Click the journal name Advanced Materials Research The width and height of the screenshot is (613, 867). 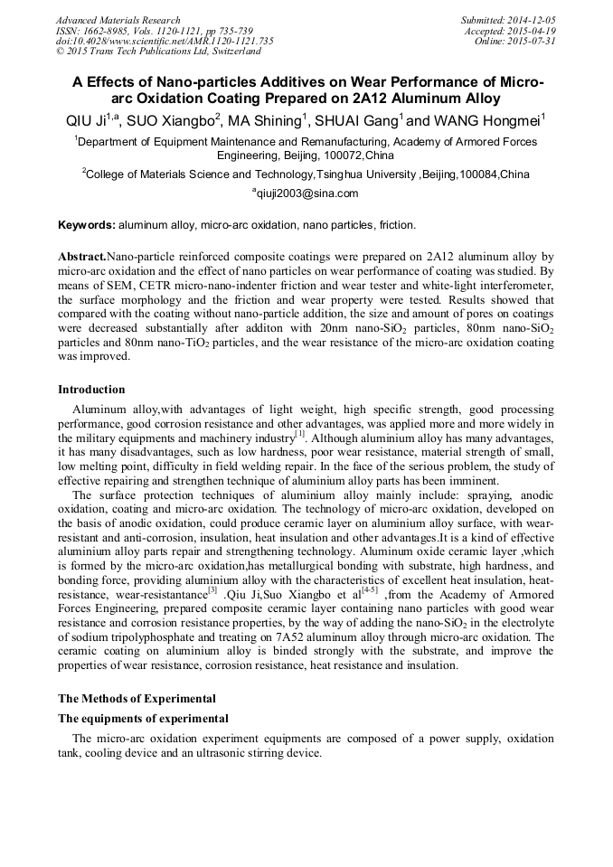click(118, 20)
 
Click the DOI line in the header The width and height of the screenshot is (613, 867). click(165, 42)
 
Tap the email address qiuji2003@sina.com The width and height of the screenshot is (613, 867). click(306, 193)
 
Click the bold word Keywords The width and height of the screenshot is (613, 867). click(87, 224)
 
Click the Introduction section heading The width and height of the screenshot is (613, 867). click(91, 390)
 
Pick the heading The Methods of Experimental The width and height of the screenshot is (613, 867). click(137, 698)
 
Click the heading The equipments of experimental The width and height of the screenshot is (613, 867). click(143, 719)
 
